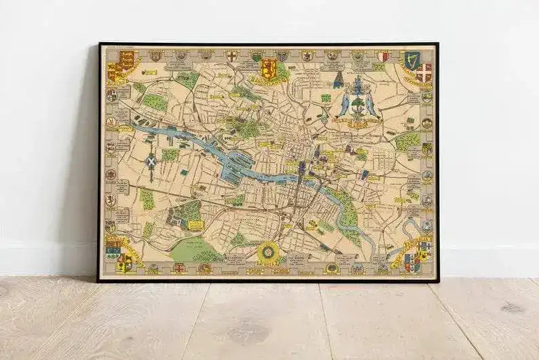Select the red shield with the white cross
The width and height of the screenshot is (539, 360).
pos(424,72)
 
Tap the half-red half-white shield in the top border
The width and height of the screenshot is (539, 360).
pos(384,56)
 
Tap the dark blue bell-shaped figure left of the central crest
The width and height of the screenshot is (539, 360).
pos(337,81)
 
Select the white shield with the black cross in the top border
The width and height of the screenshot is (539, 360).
pos(231,56)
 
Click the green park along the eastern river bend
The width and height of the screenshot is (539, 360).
pos(348,213)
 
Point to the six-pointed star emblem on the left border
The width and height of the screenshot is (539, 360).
pos(110,174)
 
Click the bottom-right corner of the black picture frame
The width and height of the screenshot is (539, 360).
pos(438,281)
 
